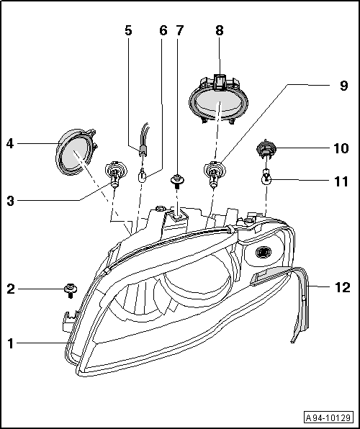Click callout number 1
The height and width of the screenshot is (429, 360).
(x=10, y=344)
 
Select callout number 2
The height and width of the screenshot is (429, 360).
(x=10, y=289)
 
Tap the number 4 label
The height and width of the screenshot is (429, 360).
(x=10, y=143)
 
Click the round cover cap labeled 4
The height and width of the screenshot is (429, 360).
(x=73, y=153)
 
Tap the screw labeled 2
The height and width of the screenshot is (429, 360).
(x=70, y=290)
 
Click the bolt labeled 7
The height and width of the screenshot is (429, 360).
(x=175, y=179)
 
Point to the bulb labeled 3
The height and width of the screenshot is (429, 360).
(x=113, y=173)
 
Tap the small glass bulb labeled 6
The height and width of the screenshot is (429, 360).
(x=144, y=175)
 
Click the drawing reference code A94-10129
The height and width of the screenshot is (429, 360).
(x=328, y=417)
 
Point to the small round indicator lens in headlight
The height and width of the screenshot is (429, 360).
(x=263, y=253)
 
